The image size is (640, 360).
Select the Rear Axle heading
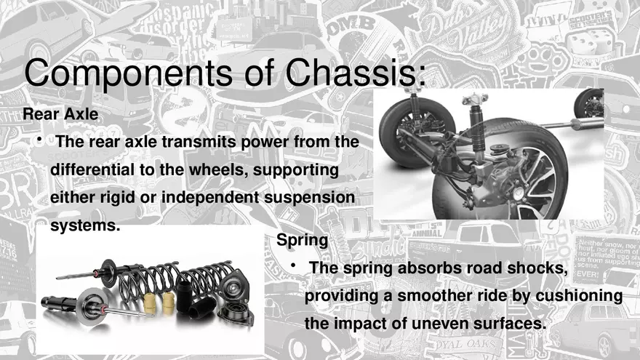click(x=60, y=114)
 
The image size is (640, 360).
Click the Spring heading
click(x=302, y=239)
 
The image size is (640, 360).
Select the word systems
click(x=84, y=225)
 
